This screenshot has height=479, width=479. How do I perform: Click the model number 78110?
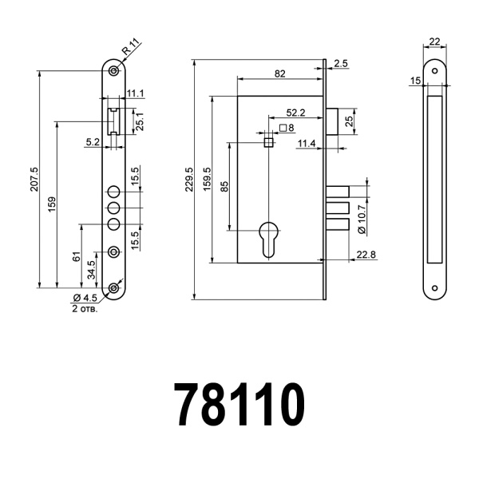click(x=239, y=404)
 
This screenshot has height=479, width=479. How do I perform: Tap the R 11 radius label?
click(x=130, y=47)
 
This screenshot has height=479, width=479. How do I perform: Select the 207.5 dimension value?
click(x=34, y=180)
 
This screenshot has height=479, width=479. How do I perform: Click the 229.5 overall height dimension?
click(x=189, y=180)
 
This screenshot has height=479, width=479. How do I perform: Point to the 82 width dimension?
click(x=280, y=73)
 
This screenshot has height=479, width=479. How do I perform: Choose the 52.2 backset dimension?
click(x=295, y=113)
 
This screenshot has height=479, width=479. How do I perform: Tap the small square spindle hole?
click(x=269, y=142)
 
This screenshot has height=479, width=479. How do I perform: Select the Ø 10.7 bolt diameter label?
click(x=362, y=220)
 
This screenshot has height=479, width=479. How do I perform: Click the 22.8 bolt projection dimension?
click(x=366, y=254)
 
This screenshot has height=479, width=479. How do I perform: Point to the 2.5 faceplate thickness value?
click(x=341, y=64)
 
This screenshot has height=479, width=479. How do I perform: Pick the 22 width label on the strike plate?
click(x=434, y=42)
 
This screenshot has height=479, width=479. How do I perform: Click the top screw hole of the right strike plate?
click(x=434, y=71)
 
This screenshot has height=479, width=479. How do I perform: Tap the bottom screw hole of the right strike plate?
click(x=434, y=287)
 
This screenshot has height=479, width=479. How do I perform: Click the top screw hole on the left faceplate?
click(x=113, y=71)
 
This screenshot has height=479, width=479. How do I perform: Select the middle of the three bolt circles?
click(x=113, y=208)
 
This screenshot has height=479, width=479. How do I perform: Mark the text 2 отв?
click(x=85, y=309)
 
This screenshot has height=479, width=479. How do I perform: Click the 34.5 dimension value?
click(x=91, y=270)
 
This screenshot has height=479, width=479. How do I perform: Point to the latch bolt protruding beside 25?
click(x=332, y=121)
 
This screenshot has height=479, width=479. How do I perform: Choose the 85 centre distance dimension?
click(x=224, y=186)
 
